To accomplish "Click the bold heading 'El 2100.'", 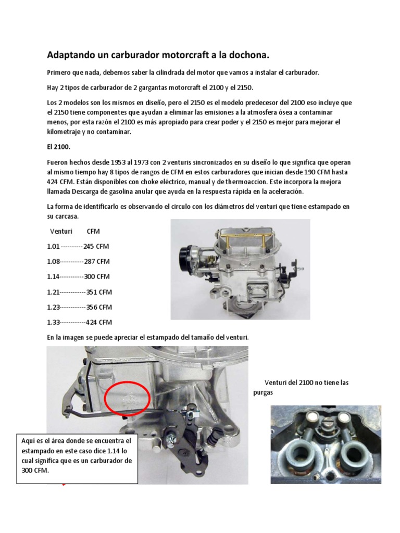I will (58, 147).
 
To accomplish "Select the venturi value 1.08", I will (54, 261).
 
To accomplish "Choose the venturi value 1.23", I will (54, 307).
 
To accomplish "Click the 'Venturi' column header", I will (60, 231).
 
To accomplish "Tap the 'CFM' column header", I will (93, 231).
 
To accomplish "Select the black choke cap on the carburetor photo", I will (186, 255).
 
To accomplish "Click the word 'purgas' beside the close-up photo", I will (263, 393).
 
